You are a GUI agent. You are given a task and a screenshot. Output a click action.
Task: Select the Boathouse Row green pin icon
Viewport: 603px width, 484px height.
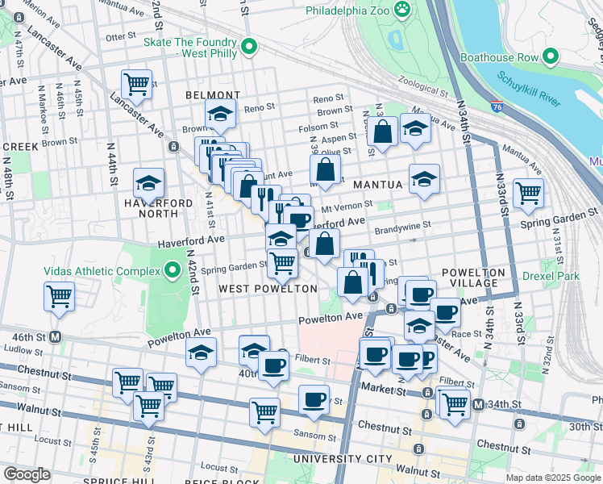coord(551,57)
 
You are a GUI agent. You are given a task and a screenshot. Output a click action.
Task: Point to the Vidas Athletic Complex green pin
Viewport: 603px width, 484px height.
coord(171,269)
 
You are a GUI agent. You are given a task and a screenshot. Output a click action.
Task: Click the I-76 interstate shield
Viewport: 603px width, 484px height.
coord(497,106)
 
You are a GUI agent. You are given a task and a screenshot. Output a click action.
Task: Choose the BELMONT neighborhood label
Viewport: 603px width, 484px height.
coord(213,95)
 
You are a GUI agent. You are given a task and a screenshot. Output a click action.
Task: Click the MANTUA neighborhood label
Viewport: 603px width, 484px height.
coord(376,185)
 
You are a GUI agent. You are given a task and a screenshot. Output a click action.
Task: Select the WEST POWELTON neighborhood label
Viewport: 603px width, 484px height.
coord(268,288)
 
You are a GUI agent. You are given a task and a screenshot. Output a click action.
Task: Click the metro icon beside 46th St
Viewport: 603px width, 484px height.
coord(56,336)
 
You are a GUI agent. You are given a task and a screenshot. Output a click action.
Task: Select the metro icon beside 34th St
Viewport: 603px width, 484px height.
coord(478,404)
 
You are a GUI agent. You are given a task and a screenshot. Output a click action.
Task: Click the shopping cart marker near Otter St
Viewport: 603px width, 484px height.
coord(136,83)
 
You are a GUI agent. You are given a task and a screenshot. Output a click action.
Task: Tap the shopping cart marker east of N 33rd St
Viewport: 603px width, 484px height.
coord(528,193)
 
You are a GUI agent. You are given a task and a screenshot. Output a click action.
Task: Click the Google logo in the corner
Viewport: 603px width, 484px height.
coord(27,474)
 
